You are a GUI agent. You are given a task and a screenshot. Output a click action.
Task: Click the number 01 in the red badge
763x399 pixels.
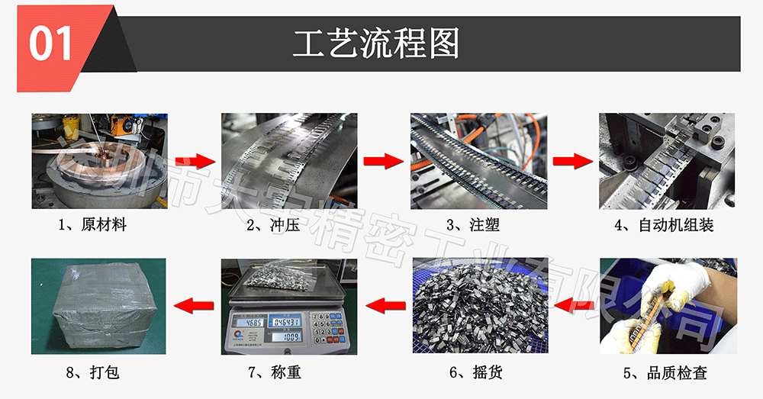point(51,43)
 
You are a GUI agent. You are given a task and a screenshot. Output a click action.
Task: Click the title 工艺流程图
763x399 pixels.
point(376,45)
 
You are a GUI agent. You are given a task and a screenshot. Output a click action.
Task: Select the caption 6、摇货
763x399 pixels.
point(475,373)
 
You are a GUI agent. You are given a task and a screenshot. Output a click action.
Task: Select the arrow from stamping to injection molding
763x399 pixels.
point(383,162)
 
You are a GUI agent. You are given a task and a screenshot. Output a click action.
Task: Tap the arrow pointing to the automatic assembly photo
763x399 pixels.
point(572,162)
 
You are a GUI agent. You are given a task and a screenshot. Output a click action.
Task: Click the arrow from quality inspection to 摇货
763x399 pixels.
point(572,306)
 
